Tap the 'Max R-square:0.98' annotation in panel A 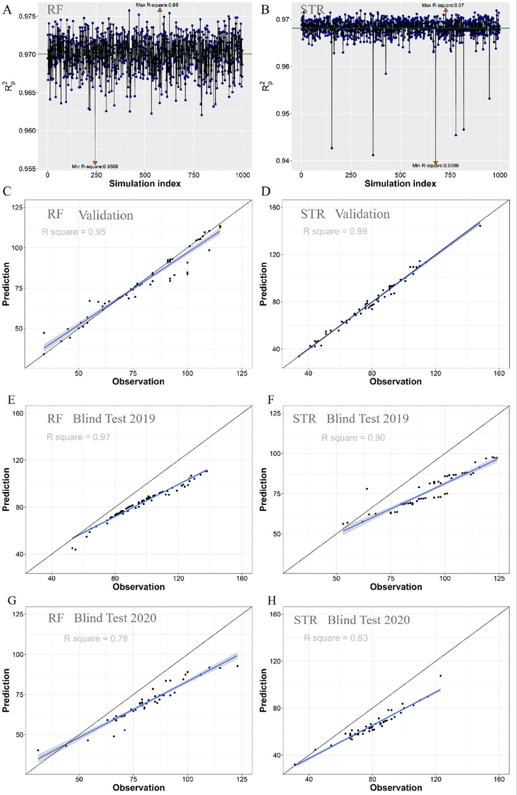[x=158, y=5]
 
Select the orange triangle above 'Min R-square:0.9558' [x=94, y=162]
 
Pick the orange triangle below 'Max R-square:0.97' [x=445, y=10]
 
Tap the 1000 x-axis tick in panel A [x=242, y=175]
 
